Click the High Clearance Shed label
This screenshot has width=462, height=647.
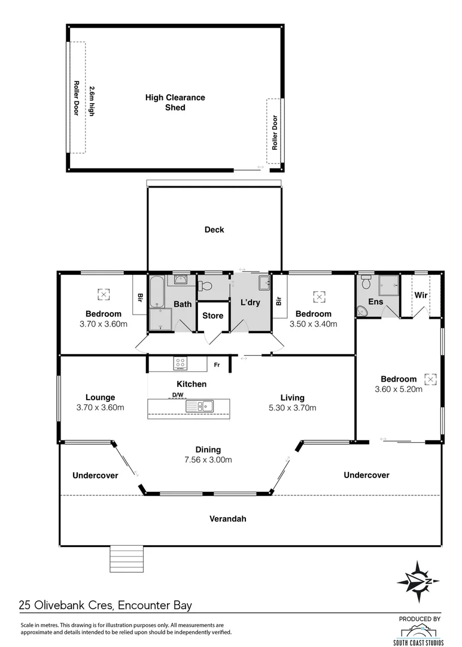point(175,102)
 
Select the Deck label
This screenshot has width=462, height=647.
point(214,229)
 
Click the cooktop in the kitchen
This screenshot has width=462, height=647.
point(180,363)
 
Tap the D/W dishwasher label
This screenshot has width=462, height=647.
point(178,395)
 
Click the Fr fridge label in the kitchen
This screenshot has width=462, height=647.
point(217,364)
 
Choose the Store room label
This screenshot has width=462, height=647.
point(212,316)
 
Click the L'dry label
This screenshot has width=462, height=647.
point(250,303)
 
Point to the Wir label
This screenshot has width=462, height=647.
point(421,295)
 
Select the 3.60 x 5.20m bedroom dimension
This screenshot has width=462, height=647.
point(398,389)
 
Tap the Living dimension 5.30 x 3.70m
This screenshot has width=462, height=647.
point(292,408)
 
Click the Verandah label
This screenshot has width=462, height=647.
point(227,519)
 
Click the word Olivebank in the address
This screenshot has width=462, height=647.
point(65,605)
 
